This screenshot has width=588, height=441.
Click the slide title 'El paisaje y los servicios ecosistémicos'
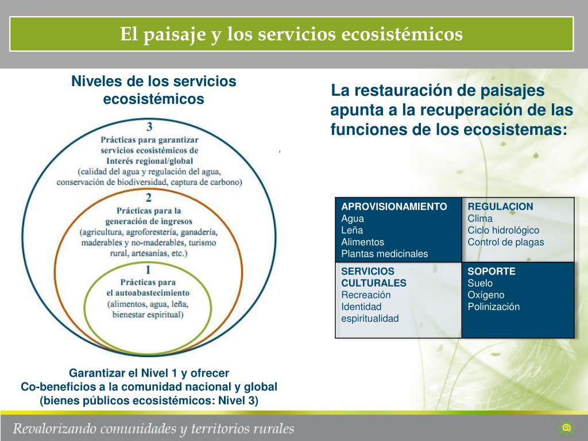click(291, 34)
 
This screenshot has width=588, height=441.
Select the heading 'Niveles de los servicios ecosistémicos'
click(153, 90)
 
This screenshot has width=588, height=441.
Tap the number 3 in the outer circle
click(149, 126)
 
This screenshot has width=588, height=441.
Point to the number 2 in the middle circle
click(149, 198)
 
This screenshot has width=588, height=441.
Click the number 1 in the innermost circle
click(148, 270)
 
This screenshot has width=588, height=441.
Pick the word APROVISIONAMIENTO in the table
click(394, 207)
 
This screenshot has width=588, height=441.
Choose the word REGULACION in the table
click(500, 207)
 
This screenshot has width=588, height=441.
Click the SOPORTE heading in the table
click(491, 271)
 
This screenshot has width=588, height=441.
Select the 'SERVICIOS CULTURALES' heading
click(374, 277)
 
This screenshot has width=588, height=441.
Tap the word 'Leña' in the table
click(352, 230)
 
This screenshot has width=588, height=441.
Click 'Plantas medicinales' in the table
click(385, 254)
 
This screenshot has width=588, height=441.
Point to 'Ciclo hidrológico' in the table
click(504, 230)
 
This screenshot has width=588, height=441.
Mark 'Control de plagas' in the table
click(505, 242)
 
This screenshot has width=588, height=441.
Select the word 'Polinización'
click(493, 307)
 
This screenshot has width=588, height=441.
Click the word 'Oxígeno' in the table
click(486, 295)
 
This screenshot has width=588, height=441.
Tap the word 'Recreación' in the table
click(366, 295)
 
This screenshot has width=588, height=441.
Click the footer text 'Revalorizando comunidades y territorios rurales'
click(154, 428)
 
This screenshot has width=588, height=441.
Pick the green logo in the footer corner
click(566, 428)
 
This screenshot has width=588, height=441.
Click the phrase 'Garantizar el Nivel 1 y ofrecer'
click(149, 372)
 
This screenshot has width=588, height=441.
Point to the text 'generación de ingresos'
click(149, 221)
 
